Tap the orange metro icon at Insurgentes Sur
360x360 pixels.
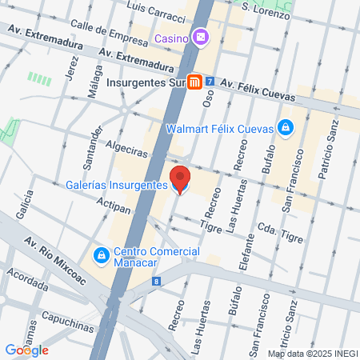[x=194, y=82]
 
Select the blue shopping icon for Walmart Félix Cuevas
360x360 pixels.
[x=286, y=128]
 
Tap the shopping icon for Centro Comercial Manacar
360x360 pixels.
[x=102, y=255]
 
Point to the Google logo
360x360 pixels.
[x=26, y=350]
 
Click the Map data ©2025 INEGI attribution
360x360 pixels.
[x=312, y=354]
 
